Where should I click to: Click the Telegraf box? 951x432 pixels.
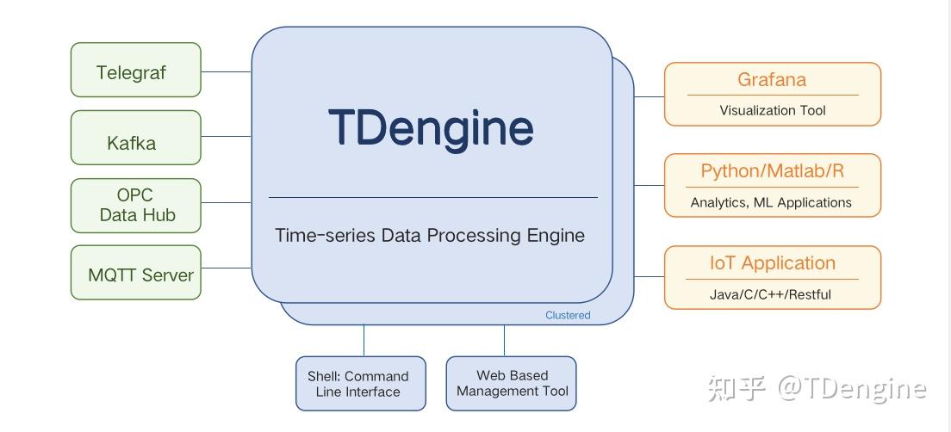pos(135,71)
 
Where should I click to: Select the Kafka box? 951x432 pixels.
pos(135,139)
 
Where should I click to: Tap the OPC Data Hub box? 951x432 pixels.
pos(135,205)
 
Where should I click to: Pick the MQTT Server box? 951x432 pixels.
pos(135,274)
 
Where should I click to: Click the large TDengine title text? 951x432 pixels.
pos(431,127)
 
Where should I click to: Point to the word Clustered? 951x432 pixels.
pos(568,315)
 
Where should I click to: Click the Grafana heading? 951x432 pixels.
pos(772,80)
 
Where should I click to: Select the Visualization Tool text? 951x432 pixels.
pos(772,110)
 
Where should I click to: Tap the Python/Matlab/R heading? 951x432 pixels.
pos(772,170)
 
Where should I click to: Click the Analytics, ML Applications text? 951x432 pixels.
pos(771,203)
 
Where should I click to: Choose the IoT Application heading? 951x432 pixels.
pos(772,263)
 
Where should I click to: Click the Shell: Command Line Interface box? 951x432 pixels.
pos(360,384)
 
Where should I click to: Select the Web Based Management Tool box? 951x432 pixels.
pos(512,384)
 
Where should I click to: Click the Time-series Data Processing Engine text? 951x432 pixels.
pos(430,235)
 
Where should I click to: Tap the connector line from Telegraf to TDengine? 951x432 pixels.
pos(226,71)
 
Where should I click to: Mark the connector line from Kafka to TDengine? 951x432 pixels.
pos(226,136)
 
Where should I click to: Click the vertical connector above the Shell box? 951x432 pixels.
pos(364,341)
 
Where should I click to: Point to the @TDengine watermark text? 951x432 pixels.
pos(852,389)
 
